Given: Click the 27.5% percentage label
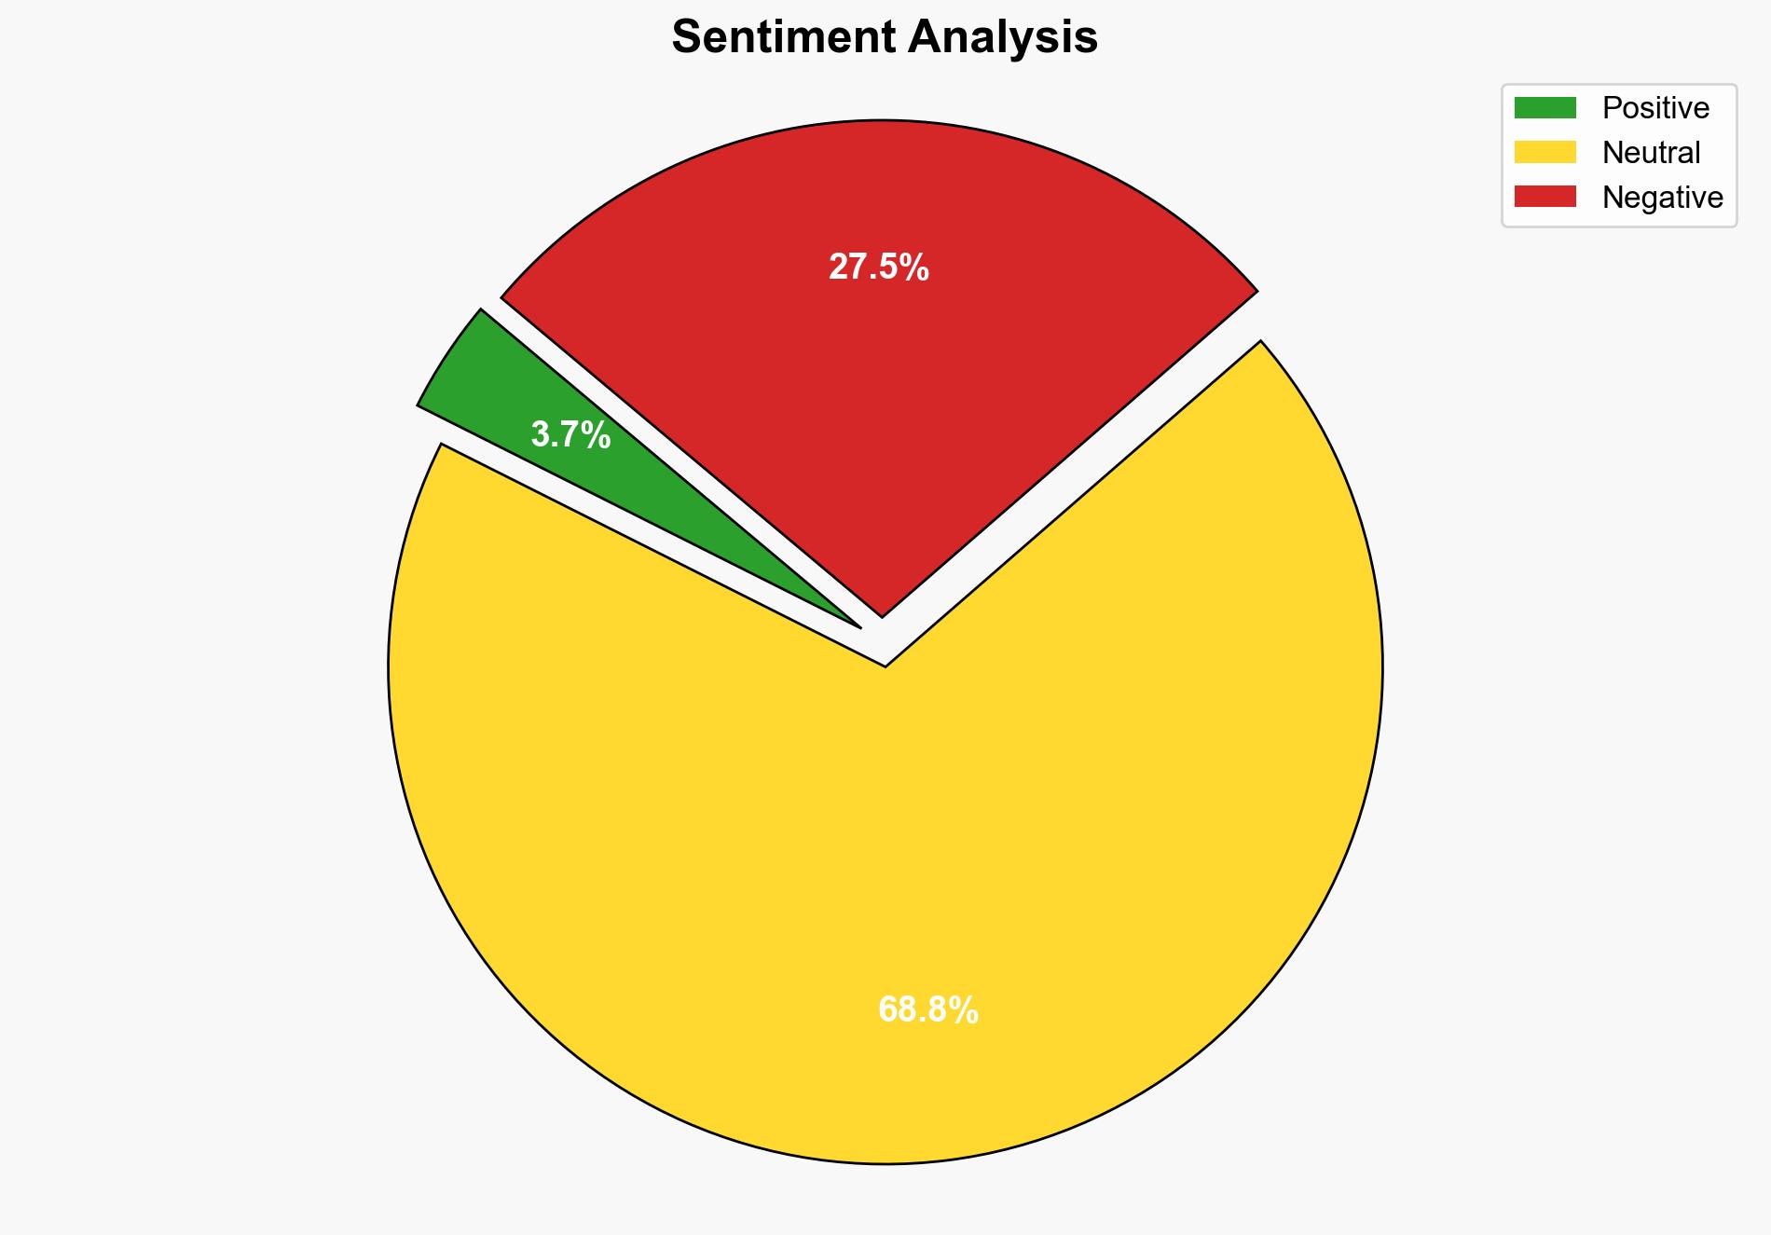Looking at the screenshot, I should click(878, 268).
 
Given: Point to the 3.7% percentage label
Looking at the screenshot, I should click(570, 435).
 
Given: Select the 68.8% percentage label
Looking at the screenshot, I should click(927, 1010).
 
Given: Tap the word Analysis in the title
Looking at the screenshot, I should click(1003, 37).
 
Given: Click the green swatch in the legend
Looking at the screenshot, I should click(1544, 108).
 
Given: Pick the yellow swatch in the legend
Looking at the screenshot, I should click(1544, 152).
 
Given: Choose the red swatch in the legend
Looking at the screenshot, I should click(1544, 197).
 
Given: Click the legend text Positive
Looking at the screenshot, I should click(1655, 108).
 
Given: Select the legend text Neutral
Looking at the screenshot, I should click(1651, 152).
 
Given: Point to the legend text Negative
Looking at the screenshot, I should click(1662, 197).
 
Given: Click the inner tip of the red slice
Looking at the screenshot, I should click(882, 614).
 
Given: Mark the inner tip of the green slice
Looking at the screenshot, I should click(857, 625).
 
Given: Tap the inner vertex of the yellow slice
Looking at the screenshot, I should click(885, 665).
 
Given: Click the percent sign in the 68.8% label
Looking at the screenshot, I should click(966, 1010).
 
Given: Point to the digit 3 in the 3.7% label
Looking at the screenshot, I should click(539, 435).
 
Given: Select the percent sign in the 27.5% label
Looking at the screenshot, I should click(916, 268).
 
